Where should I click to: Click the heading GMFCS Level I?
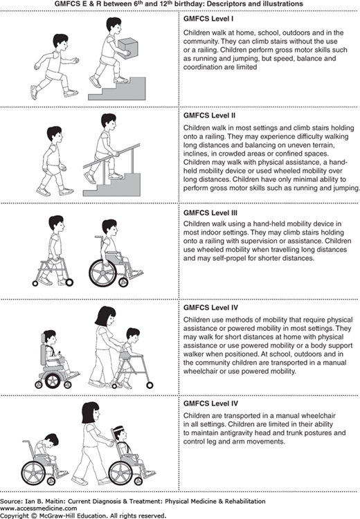pyautogui.click(x=208, y=19)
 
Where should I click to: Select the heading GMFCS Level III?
pyautogui.click(x=210, y=213)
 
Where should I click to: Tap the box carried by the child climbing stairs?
pyautogui.click(x=127, y=48)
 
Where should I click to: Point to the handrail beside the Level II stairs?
pyautogui.click(x=111, y=156)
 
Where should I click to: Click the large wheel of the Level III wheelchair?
pyautogui.click(x=102, y=273)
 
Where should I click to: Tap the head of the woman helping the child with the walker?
pyautogui.click(x=106, y=316)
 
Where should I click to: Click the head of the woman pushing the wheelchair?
pyautogui.click(x=91, y=412)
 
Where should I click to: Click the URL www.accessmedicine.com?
pyautogui.click(x=38, y=508)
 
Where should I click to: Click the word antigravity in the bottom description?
pyautogui.click(x=231, y=433)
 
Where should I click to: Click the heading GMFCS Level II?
pyautogui.click(x=209, y=116)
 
